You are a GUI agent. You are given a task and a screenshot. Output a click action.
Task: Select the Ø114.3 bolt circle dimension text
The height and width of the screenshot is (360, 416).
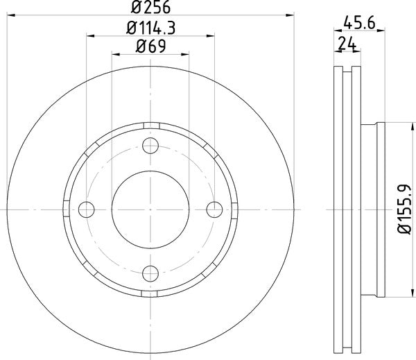[150, 28]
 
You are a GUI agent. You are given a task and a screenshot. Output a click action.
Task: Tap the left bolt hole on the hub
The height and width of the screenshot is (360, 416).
[87, 208]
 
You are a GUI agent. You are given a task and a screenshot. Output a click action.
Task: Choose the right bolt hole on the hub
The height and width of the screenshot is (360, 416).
[214, 208]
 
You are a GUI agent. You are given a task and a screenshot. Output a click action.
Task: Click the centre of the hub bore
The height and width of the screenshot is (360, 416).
[150, 208]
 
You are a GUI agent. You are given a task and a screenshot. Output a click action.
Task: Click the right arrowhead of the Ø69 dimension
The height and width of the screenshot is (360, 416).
[186, 55]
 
